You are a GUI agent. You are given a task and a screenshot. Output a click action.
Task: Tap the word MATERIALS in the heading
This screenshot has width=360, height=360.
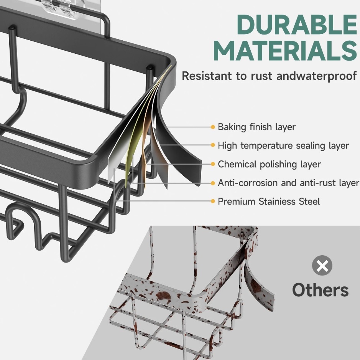click(x=285, y=51)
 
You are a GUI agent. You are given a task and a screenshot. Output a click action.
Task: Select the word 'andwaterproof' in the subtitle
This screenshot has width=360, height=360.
click(x=317, y=76)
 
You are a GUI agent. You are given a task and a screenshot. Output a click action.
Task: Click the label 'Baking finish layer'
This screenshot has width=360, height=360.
click(x=256, y=127)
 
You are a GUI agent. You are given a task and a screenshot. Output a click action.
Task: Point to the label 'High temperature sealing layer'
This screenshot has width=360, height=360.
click(x=283, y=146)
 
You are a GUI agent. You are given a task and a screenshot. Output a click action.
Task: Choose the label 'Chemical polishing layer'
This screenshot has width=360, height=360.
click(x=269, y=164)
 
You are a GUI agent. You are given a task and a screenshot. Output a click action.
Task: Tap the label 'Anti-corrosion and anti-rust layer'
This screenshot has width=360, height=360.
click(x=288, y=183)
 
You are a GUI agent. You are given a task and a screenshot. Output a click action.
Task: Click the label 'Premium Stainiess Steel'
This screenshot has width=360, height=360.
click(x=269, y=201)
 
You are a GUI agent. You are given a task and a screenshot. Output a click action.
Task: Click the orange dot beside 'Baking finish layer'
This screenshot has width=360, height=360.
click(x=213, y=127)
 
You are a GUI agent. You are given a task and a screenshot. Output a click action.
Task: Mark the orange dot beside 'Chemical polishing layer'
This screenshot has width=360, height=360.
click(x=213, y=164)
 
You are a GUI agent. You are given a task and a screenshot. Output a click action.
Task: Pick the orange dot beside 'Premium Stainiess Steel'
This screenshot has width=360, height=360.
click(x=213, y=201)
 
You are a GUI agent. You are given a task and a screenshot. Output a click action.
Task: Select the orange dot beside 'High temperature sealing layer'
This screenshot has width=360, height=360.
click(x=213, y=145)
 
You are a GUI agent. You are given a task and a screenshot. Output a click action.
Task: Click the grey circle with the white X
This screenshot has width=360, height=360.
click(x=322, y=266)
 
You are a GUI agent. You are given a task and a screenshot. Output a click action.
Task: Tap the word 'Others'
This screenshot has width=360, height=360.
click(x=321, y=290)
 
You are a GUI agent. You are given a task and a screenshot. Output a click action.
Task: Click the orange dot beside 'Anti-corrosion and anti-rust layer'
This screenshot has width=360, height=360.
click(x=213, y=183)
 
